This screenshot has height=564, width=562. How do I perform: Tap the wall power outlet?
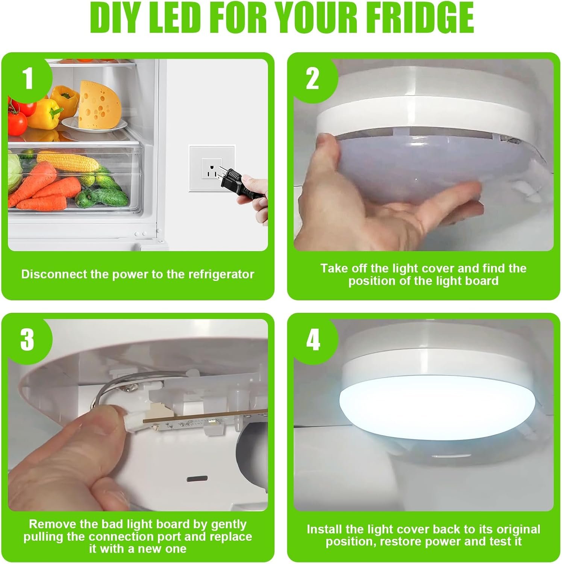[211, 169]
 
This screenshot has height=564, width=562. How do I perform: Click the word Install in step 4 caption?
[324, 529]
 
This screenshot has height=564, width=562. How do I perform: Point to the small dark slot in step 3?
[197, 479]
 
